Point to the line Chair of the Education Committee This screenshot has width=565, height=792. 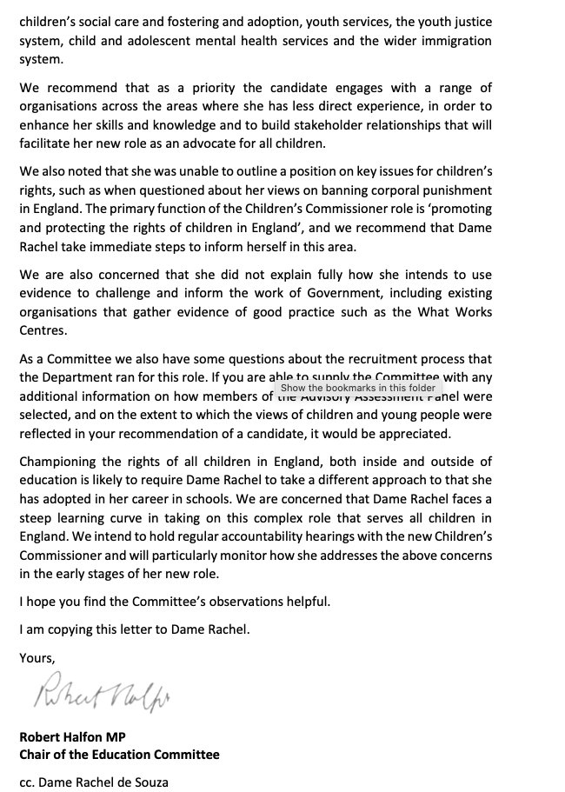119,754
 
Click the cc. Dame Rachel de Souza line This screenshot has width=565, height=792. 93,782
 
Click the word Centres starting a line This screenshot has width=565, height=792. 44,329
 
